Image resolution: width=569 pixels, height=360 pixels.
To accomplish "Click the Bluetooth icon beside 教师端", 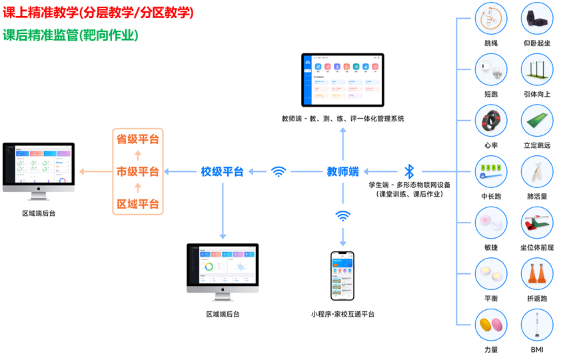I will [x=409, y=171].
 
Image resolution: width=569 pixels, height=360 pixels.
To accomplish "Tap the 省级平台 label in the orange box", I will [x=138, y=139].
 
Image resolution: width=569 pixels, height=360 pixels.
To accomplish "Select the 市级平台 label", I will [x=138, y=171].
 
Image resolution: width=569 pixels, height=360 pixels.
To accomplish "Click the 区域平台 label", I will [x=138, y=204].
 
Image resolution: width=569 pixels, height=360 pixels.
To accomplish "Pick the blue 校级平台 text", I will [x=222, y=171].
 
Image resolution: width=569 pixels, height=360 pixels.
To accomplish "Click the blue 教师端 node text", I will [x=342, y=171].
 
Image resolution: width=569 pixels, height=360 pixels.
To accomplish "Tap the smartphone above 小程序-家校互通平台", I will [x=342, y=275].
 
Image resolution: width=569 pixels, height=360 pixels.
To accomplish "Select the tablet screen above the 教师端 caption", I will [x=342, y=80].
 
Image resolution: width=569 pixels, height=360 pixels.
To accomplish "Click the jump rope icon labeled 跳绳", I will [x=491, y=19].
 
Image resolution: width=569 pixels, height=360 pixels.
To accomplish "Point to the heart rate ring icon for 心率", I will [x=491, y=121].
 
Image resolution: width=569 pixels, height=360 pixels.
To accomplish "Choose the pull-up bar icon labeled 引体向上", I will [x=537, y=69].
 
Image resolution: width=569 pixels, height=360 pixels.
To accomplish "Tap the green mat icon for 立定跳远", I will [x=537, y=121].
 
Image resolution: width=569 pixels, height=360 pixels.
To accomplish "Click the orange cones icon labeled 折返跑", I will [x=537, y=274].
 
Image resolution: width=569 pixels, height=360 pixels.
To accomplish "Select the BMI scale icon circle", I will [x=537, y=325].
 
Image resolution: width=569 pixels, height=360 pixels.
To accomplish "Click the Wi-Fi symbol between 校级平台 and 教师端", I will [x=279, y=171].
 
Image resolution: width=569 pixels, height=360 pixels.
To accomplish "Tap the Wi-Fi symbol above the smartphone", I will [x=342, y=216].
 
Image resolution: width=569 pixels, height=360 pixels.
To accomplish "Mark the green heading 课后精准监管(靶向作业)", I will [x=71, y=35].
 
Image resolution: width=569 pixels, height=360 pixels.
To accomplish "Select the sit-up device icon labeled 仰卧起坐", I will [x=537, y=19].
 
